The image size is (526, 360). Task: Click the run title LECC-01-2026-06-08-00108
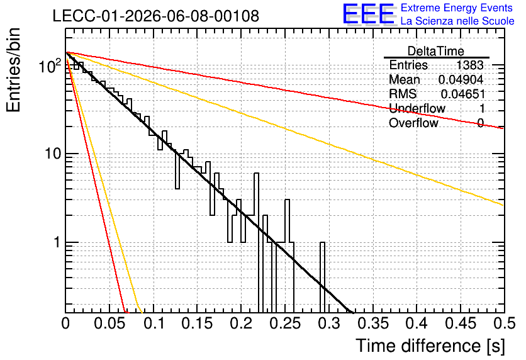click(156, 16)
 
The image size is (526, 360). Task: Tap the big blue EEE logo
click(369, 14)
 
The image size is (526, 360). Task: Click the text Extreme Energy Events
click(457, 8)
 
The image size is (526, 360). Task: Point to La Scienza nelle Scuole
click(457, 21)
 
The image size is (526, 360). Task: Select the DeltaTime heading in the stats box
click(436, 51)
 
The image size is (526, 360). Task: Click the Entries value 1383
click(469, 65)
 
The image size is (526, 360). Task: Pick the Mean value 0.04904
click(461, 79)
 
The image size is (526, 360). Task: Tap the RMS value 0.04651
click(463, 94)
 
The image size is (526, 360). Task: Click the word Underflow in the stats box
click(417, 108)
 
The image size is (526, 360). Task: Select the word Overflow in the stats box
click(413, 123)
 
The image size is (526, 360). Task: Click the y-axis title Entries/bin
click(13, 70)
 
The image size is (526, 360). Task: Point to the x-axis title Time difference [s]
click(430, 346)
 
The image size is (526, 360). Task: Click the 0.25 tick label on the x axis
click(285, 323)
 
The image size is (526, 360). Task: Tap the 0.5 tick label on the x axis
click(504, 323)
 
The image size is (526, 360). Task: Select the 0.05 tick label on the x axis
click(109, 323)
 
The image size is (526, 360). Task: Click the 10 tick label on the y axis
click(53, 154)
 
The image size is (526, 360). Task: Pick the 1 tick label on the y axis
click(57, 242)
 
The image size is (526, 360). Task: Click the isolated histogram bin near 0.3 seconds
click(322, 277)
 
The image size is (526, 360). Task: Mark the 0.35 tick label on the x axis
click(372, 323)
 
